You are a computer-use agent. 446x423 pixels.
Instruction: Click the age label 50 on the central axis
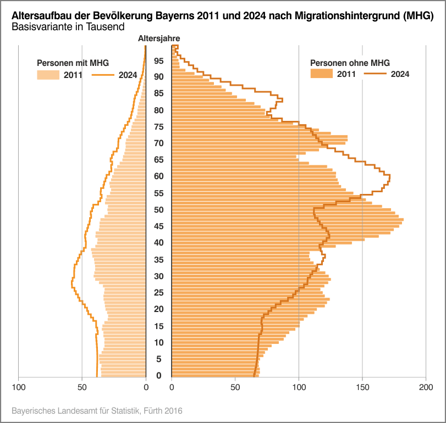pyautogui.click(x=158, y=210)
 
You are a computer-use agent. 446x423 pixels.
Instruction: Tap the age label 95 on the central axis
pyautogui.click(x=158, y=60)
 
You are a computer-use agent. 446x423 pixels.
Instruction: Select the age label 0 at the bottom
pyautogui.click(x=158, y=376)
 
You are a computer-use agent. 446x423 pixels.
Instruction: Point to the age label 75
pyautogui.click(x=158, y=127)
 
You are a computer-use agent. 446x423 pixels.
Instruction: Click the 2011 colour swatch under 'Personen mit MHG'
pyautogui.click(x=48, y=75)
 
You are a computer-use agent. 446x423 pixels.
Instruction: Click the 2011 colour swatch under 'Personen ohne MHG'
pyautogui.click(x=322, y=74)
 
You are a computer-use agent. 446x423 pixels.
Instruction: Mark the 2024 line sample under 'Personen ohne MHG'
pyautogui.click(x=375, y=74)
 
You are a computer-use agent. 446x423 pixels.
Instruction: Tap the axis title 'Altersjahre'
pyautogui.click(x=158, y=38)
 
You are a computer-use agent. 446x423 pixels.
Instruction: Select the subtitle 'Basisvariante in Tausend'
pyautogui.click(x=67, y=26)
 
